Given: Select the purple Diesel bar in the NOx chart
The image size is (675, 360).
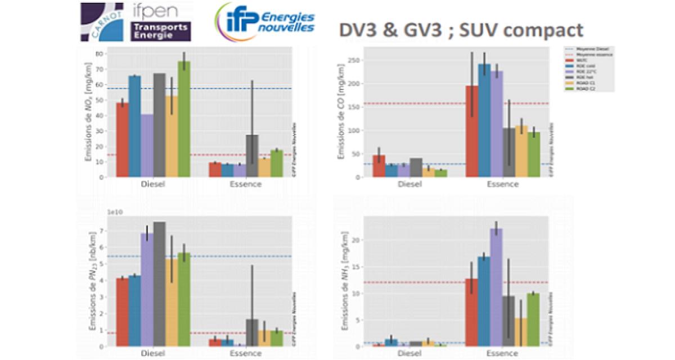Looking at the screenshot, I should [147, 146].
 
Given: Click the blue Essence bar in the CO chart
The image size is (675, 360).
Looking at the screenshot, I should [484, 120].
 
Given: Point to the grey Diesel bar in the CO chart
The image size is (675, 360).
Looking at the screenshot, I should [416, 168].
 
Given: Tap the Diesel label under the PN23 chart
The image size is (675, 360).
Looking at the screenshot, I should [153, 353].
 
